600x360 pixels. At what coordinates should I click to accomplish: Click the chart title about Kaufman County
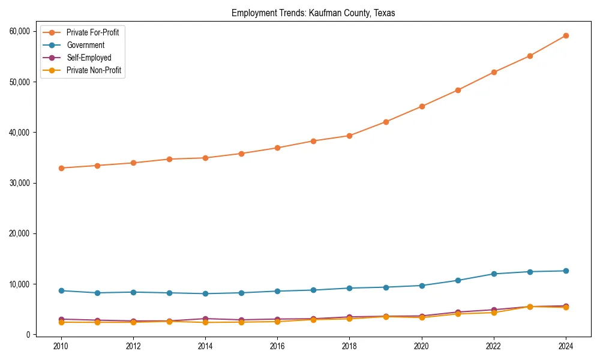[x=313, y=13]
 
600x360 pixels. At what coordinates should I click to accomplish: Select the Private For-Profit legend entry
[x=92, y=32]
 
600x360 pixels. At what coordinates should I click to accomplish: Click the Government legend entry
[x=85, y=45]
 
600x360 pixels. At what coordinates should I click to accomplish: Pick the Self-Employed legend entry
[x=89, y=58]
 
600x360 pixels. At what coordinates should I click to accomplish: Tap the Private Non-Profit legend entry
[x=94, y=70]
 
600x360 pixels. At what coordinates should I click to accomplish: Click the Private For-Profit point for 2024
[x=566, y=35]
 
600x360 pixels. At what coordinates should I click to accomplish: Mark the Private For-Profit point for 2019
[x=386, y=122]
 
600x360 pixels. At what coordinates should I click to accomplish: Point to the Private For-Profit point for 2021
[x=458, y=90]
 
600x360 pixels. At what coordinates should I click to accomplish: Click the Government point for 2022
[x=494, y=274]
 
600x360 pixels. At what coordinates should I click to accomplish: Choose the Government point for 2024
[x=566, y=271]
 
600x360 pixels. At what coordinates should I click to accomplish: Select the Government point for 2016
[x=277, y=291]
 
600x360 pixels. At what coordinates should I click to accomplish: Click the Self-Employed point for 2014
[x=205, y=319]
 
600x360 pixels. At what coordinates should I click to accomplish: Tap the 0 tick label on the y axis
[x=28, y=335]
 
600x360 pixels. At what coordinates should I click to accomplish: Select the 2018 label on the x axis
[x=349, y=346]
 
